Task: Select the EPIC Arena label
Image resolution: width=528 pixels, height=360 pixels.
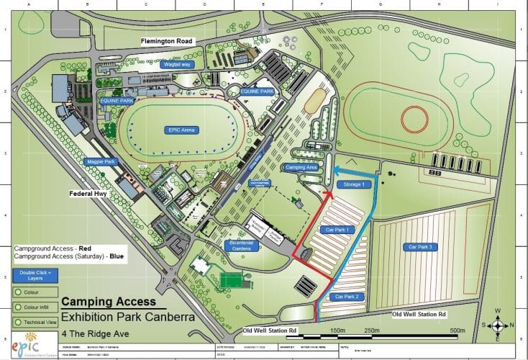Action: click(x=178, y=130)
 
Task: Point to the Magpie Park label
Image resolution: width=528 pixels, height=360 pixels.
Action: click(x=101, y=163)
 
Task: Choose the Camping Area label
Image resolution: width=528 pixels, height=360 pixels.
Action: click(x=301, y=166)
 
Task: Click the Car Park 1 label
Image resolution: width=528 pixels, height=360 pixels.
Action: click(x=337, y=230)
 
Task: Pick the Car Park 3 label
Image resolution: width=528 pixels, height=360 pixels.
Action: click(x=422, y=247)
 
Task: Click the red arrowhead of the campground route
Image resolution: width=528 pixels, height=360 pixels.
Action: click(x=328, y=192)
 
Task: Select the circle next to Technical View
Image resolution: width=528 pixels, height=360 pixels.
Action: click(x=17, y=322)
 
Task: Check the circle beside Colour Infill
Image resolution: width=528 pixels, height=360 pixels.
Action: click(x=17, y=307)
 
